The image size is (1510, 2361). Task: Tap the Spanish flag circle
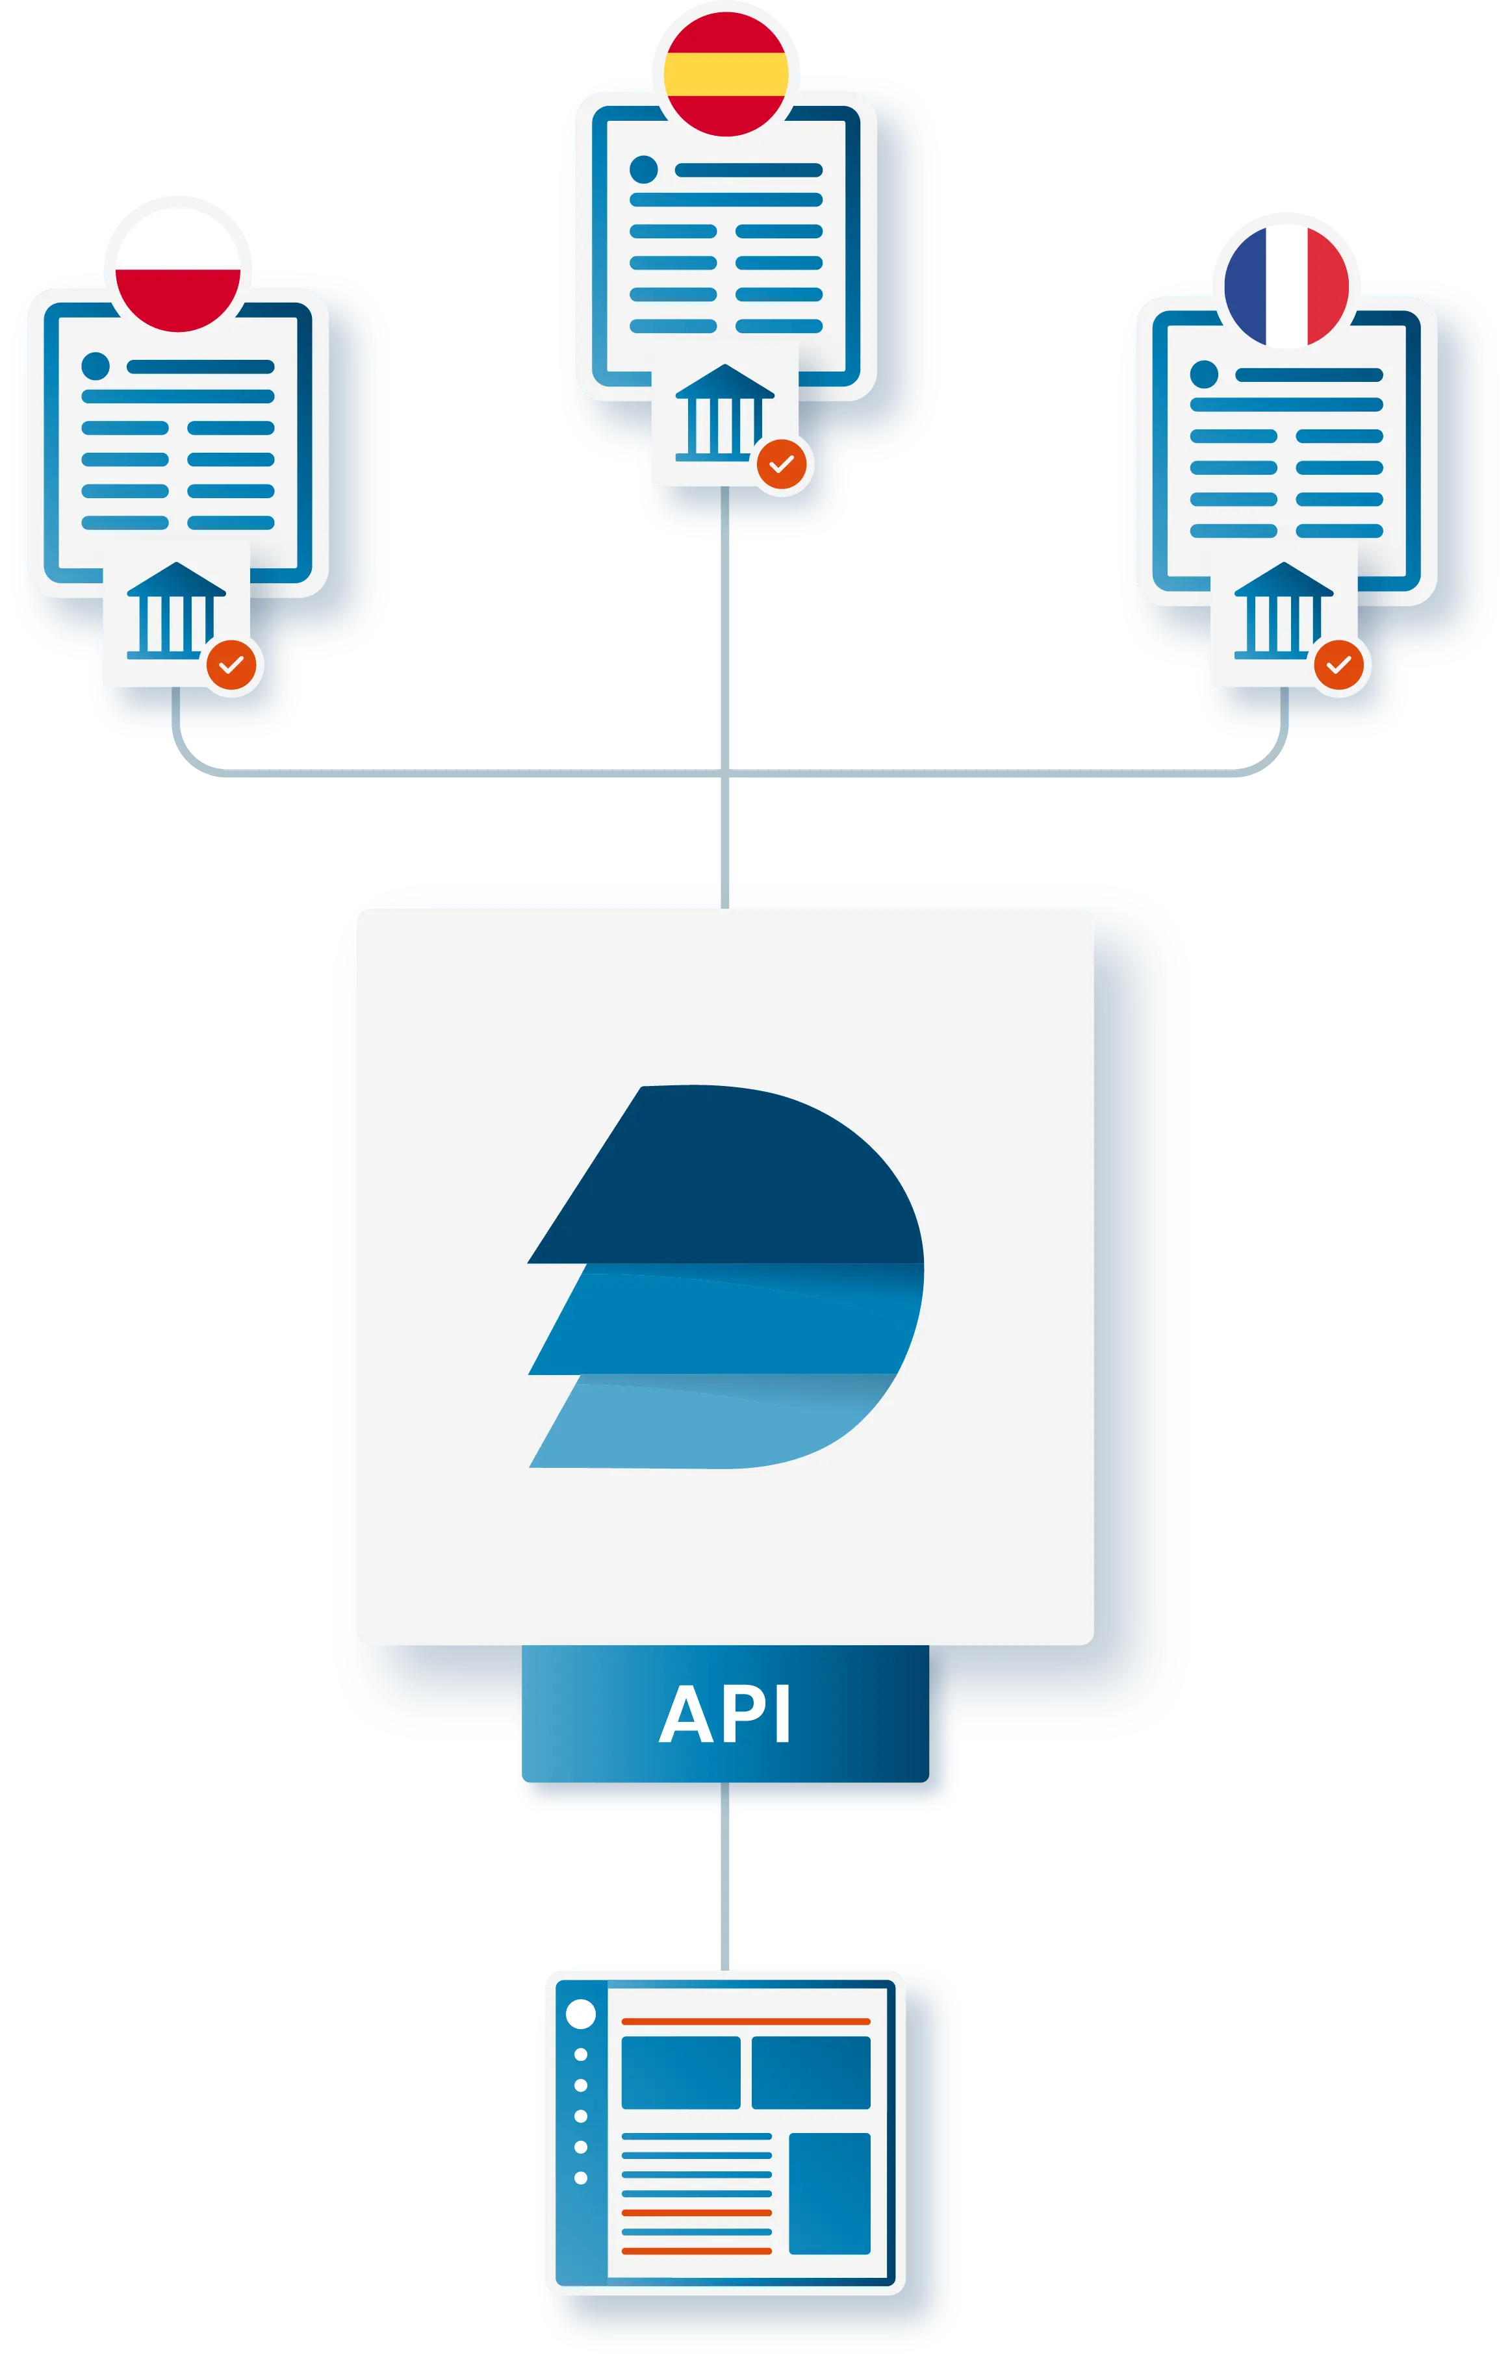click(726, 73)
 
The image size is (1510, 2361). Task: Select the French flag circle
click(1286, 285)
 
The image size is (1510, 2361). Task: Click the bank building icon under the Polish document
click(175, 610)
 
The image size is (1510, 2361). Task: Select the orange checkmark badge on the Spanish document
click(782, 464)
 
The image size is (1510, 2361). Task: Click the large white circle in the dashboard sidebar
click(582, 2014)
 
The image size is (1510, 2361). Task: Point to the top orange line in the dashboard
click(745, 2021)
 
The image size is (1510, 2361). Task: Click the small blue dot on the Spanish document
click(643, 170)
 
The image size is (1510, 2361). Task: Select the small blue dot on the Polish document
click(95, 366)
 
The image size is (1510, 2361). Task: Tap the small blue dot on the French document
click(1203, 373)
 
